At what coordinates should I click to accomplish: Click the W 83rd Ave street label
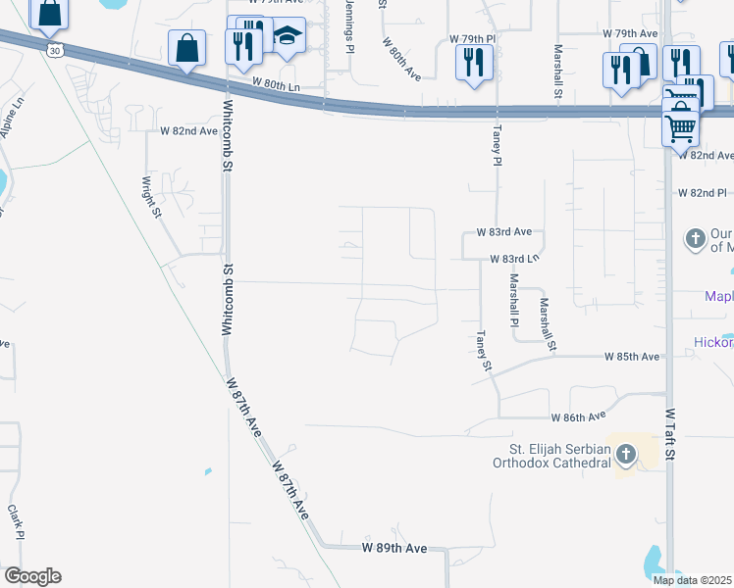click(503, 232)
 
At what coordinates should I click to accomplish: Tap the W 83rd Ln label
click(515, 260)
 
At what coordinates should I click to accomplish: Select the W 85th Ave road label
click(632, 357)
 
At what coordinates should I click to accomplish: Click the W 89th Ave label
click(394, 548)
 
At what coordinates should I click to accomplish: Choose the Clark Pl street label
click(16, 521)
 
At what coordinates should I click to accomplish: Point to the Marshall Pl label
click(513, 300)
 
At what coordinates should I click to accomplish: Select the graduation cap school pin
click(287, 37)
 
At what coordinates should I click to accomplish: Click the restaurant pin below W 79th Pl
click(474, 61)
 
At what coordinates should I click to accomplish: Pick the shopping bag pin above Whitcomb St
click(186, 47)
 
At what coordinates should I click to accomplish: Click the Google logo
click(31, 576)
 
